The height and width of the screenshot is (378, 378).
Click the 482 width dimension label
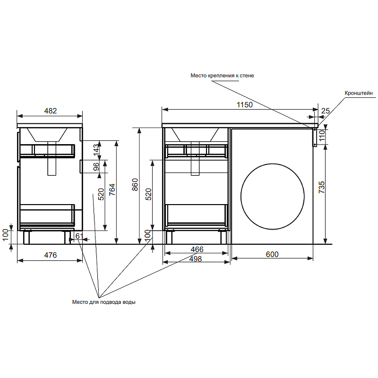pos(51,111)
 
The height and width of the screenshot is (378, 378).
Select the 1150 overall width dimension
pos(244,105)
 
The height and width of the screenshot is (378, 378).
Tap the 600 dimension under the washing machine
pos(272,254)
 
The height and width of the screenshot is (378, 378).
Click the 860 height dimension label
pos(135,185)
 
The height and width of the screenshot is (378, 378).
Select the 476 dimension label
pos(51,255)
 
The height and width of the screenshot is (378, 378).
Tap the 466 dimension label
pos(197,249)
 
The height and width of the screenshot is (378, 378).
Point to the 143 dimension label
pos(96,150)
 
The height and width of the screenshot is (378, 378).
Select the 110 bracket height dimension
pos(321,136)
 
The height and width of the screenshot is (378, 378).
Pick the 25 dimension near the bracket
pos(325,111)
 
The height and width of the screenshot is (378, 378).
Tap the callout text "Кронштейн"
pos(359,94)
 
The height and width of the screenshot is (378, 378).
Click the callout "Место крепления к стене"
pos(222,75)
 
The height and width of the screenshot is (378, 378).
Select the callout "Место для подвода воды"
pos(103,302)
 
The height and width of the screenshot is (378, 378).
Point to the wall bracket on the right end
pos(314,137)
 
